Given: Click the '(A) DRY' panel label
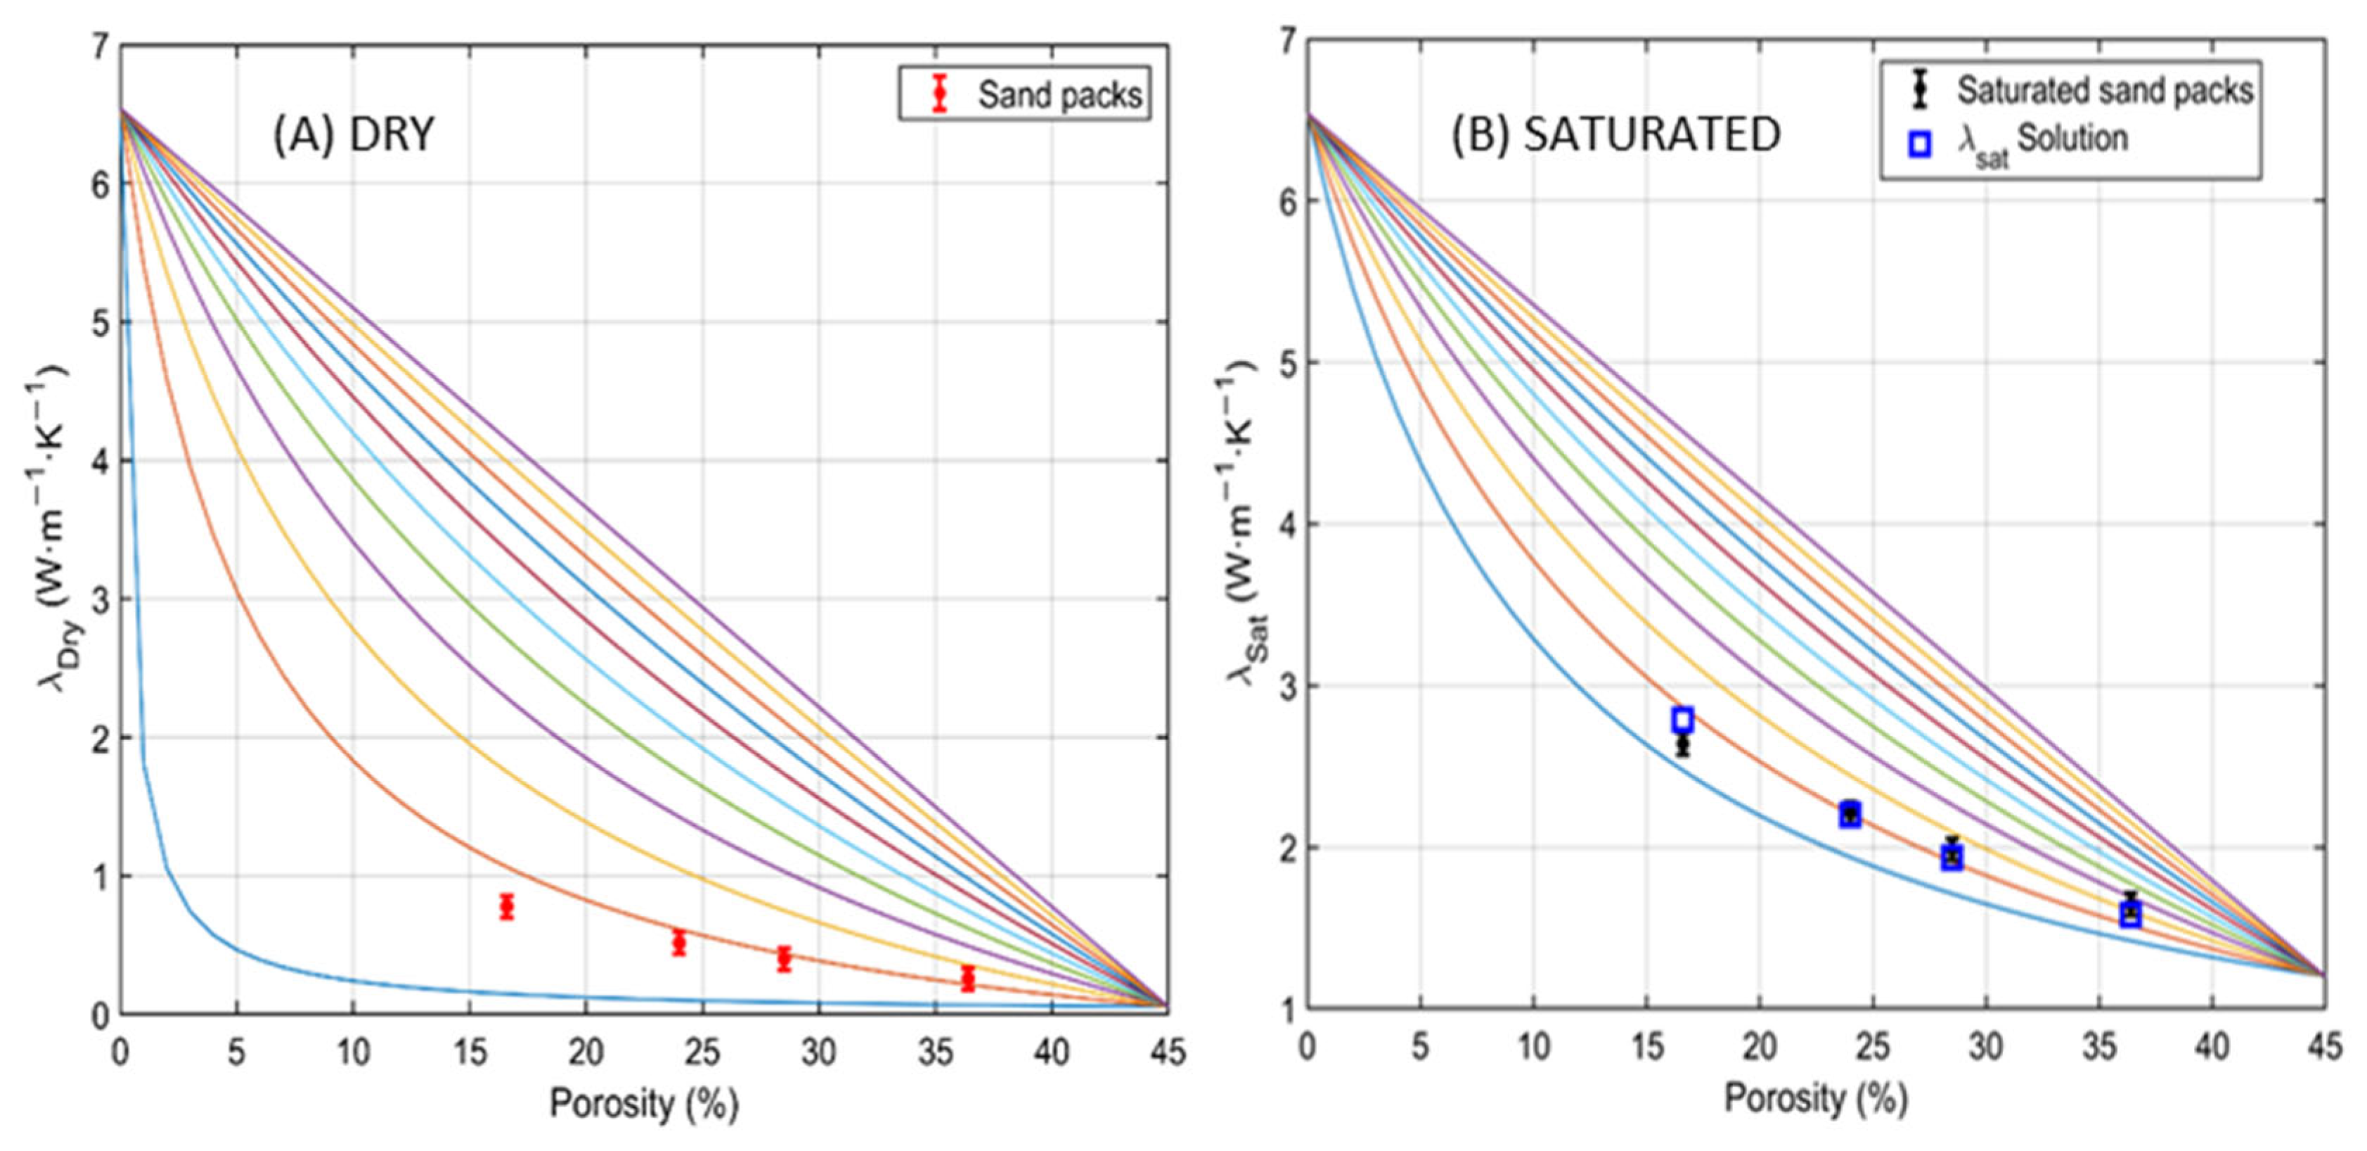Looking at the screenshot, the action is pyautogui.click(x=354, y=135).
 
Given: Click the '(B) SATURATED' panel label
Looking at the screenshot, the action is pyautogui.click(x=1615, y=135).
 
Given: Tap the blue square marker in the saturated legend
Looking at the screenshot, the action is pyautogui.click(x=1918, y=144).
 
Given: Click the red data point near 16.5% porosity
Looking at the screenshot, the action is pyautogui.click(x=506, y=906).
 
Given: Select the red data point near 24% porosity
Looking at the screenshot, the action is pyautogui.click(x=679, y=942).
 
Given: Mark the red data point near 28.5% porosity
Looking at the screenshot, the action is pyautogui.click(x=784, y=959).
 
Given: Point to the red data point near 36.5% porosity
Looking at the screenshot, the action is pyautogui.click(x=967, y=978).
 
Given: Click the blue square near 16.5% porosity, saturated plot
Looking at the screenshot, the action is pyautogui.click(x=1682, y=720).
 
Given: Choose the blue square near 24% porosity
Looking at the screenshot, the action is pyautogui.click(x=1850, y=813).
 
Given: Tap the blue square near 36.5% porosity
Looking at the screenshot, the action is pyautogui.click(x=2131, y=914).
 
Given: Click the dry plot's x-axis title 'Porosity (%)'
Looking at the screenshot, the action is pyautogui.click(x=644, y=1103).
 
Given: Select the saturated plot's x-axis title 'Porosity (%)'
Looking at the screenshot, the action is pyautogui.click(x=1816, y=1098).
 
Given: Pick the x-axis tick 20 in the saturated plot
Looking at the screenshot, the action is pyautogui.click(x=1760, y=1046).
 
